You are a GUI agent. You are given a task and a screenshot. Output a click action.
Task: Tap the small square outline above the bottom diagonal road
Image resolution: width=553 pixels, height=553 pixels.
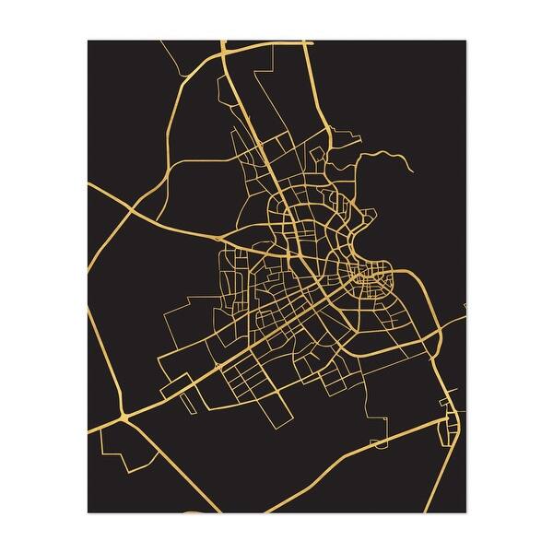[378, 443]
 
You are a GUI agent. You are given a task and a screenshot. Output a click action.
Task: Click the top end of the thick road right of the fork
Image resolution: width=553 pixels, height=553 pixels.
[307, 41]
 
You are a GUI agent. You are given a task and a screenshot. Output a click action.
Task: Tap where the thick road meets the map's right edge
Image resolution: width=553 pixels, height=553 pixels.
[465, 319]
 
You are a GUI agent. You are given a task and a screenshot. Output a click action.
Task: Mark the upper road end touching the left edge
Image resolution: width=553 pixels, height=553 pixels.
[88, 182]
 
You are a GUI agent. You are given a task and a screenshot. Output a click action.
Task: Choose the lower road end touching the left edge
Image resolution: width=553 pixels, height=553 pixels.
[88, 426]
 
